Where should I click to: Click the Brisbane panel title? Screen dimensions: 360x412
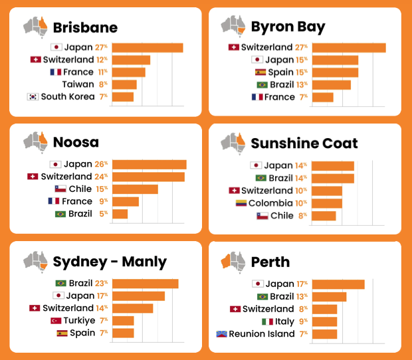point(85,27)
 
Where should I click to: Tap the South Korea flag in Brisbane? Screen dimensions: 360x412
point(32,96)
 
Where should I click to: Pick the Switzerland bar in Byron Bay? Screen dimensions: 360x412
point(348,47)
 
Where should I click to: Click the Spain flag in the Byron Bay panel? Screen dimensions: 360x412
point(260,72)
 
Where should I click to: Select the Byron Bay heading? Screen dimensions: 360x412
point(288,27)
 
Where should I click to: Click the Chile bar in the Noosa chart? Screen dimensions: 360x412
point(135,189)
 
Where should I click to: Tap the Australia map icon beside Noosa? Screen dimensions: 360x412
point(36,141)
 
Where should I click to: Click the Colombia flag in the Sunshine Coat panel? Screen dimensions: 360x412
point(242,203)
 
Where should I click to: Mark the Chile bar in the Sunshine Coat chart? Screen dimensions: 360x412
point(324,216)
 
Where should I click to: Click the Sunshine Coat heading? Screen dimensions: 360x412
point(304,143)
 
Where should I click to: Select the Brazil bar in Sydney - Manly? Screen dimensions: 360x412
point(145,284)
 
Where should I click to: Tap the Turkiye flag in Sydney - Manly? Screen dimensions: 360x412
point(56,320)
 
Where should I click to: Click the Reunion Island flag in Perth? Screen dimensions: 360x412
point(222,334)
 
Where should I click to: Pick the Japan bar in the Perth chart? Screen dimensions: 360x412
point(338,284)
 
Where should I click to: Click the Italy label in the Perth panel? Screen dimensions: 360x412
point(285,321)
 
